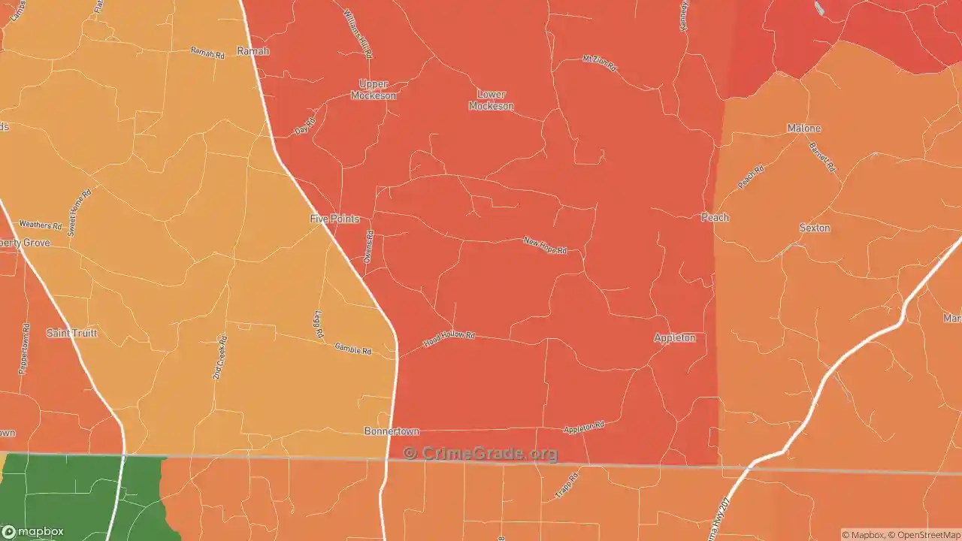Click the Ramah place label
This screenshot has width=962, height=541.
pyautogui.click(x=253, y=51)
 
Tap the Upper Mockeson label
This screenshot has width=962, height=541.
pyautogui.click(x=374, y=90)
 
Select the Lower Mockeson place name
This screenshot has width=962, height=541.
pyautogui.click(x=492, y=100)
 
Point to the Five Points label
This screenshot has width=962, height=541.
pyautogui.click(x=335, y=219)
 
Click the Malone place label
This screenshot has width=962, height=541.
pyautogui.click(x=803, y=128)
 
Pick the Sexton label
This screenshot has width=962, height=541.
pyautogui.click(x=815, y=228)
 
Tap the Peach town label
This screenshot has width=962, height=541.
pyautogui.click(x=715, y=217)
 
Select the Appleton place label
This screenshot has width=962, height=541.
pyautogui.click(x=674, y=338)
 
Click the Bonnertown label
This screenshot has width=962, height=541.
pyautogui.click(x=392, y=431)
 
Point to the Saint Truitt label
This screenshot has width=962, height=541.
pyautogui.click(x=72, y=333)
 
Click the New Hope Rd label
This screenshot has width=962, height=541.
pyautogui.click(x=545, y=245)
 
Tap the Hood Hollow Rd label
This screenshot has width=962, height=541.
pyautogui.click(x=449, y=339)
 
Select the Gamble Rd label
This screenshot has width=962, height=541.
pyautogui.click(x=353, y=349)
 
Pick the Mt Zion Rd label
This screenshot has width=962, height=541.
pyautogui.click(x=600, y=63)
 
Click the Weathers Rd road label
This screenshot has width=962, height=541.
pyautogui.click(x=40, y=225)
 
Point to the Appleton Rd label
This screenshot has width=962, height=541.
pyautogui.click(x=584, y=427)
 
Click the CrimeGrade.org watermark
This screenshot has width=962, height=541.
pyautogui.click(x=481, y=453)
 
